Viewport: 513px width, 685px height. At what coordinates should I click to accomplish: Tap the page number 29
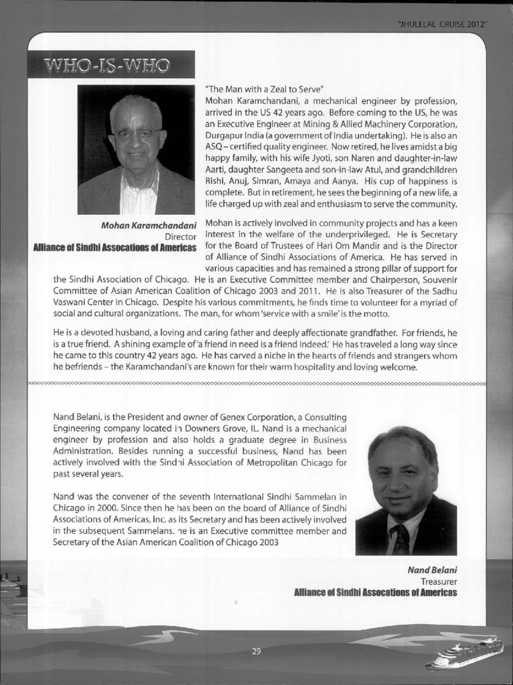[x=256, y=652]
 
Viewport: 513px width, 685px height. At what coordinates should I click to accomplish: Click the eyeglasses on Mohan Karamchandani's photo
[x=137, y=133]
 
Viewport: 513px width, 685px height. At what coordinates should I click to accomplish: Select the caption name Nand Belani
[x=432, y=570]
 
